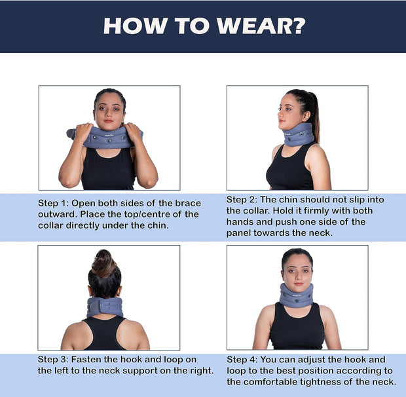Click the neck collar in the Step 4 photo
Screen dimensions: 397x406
[x=297, y=295]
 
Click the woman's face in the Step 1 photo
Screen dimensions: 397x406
[x=109, y=111]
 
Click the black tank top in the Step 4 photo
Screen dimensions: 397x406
[x=297, y=331]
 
